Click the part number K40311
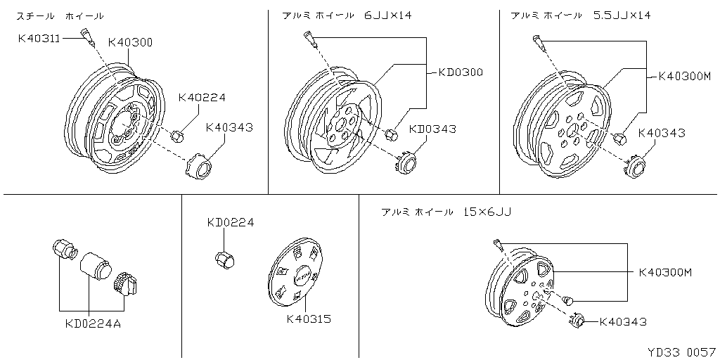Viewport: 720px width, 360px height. coord(39,39)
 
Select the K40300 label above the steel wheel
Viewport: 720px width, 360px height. coord(130,43)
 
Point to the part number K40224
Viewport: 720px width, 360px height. coord(202,98)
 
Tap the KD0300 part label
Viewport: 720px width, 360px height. coord(460,72)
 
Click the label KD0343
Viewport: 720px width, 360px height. coord(432,129)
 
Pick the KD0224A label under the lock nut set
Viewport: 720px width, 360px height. coord(93,324)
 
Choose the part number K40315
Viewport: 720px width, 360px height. coord(309,319)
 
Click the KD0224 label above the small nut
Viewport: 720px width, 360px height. coord(231,223)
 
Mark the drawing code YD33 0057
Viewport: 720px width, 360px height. coord(682,352)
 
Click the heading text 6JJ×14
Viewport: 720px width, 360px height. coord(387,15)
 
